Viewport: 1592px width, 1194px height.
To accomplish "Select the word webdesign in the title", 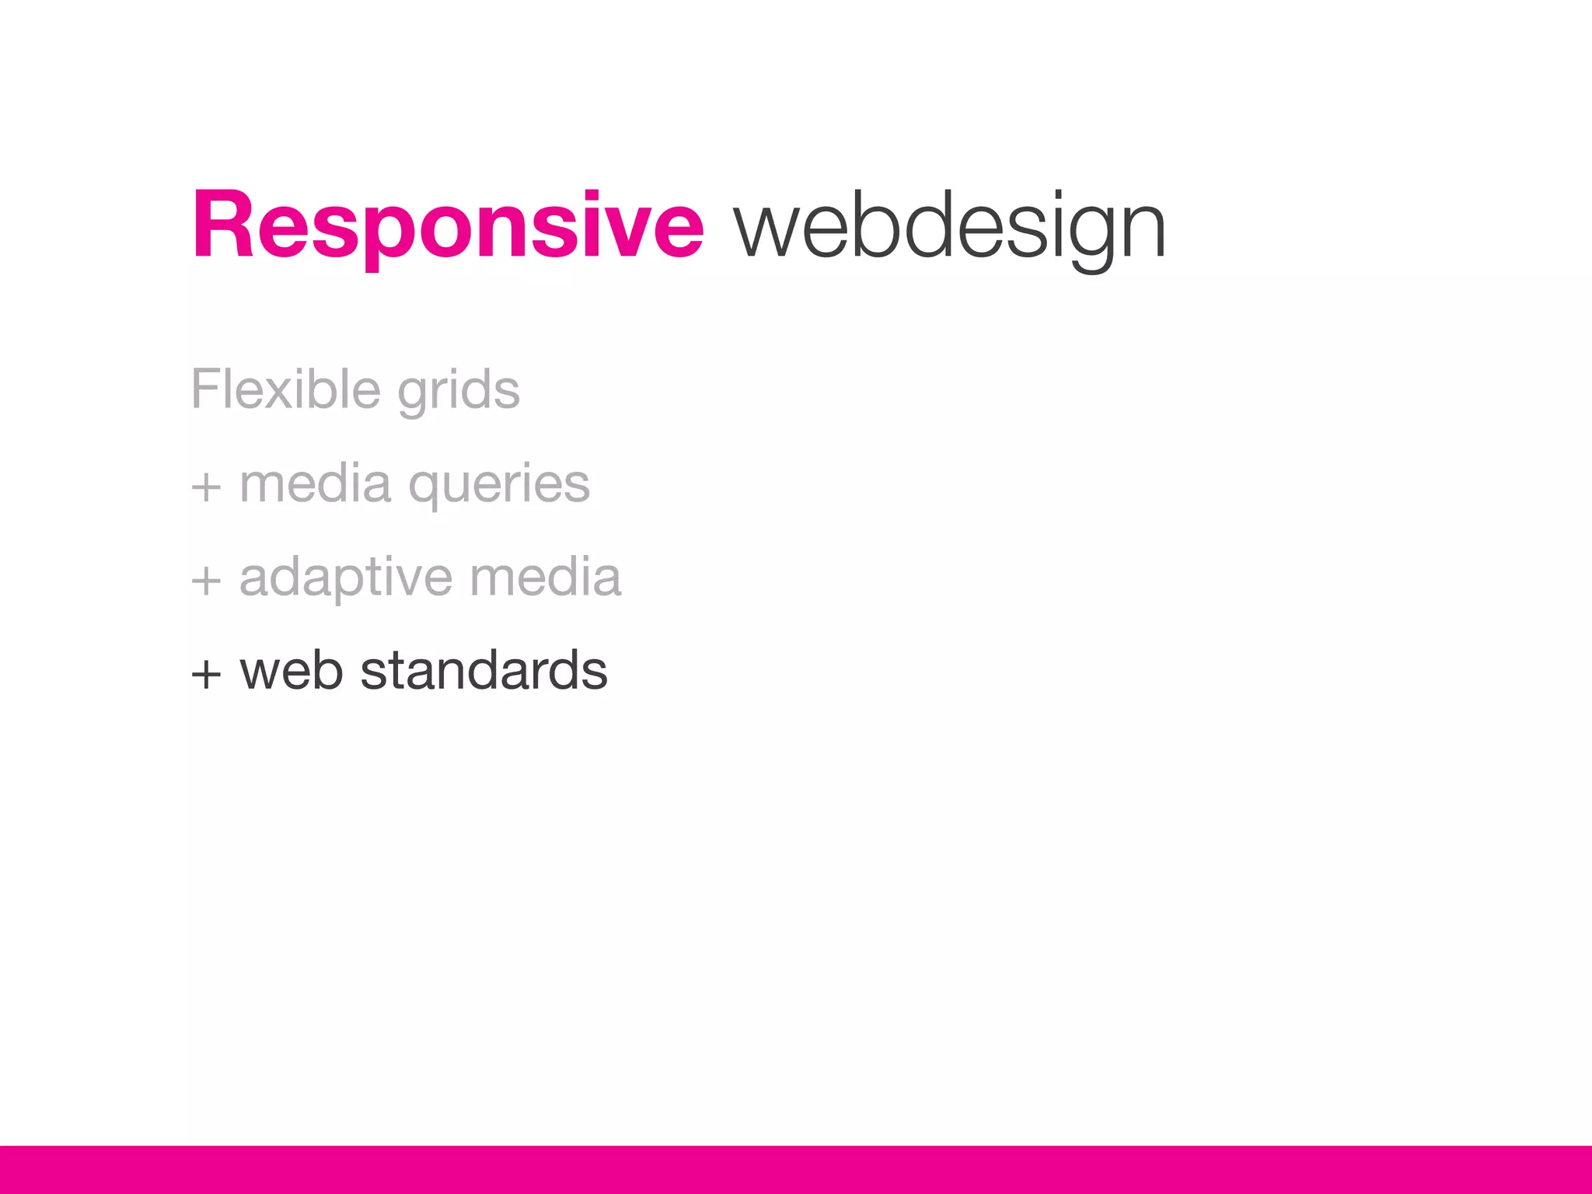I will coord(949,227).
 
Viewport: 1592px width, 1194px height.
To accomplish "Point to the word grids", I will coord(459,391).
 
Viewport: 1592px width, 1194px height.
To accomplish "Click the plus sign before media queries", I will coord(206,488).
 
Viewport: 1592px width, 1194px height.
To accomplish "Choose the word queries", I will coord(499,485).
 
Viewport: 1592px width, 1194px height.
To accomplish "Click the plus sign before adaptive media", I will coord(206,581).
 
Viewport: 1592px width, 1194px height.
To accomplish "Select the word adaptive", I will coord(345,578).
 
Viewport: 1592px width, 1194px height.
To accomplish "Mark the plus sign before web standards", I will coord(206,673).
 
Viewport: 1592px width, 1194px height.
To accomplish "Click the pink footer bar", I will coord(796,1169).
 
